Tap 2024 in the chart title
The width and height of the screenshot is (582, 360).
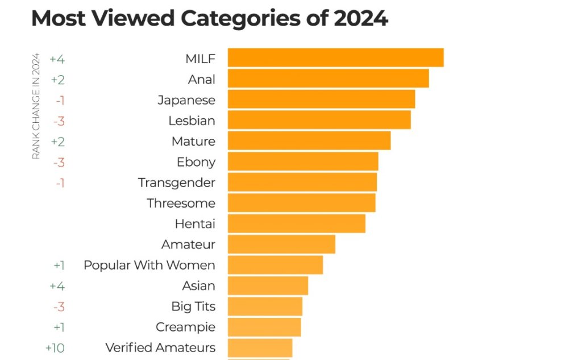pos(360,18)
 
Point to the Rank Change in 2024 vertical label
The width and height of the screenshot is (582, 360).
pos(36,106)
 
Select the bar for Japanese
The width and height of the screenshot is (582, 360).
pos(321,100)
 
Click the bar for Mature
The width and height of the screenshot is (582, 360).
pos(309,141)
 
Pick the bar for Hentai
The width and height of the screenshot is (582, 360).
pos(296,224)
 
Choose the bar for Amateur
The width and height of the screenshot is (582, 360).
pos(281,245)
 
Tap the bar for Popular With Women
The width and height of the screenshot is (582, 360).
pos(275,265)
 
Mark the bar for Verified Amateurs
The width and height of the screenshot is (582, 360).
pos(260,347)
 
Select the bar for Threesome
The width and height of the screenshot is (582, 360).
pos(301,203)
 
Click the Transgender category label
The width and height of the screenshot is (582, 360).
pos(177,183)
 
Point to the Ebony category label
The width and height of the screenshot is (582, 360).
pos(196,162)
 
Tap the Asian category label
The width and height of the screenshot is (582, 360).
pos(198,285)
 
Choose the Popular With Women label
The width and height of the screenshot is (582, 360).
pos(149,265)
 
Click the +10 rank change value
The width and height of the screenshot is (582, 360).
pos(55,347)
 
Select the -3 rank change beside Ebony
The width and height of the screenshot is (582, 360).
pos(59,162)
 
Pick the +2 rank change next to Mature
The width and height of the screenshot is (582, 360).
pos(57,141)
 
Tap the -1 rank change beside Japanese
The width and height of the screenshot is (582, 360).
pos(60,100)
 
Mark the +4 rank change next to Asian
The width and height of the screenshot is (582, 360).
pos(57,285)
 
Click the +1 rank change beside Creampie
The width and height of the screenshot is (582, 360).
pos(59,327)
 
